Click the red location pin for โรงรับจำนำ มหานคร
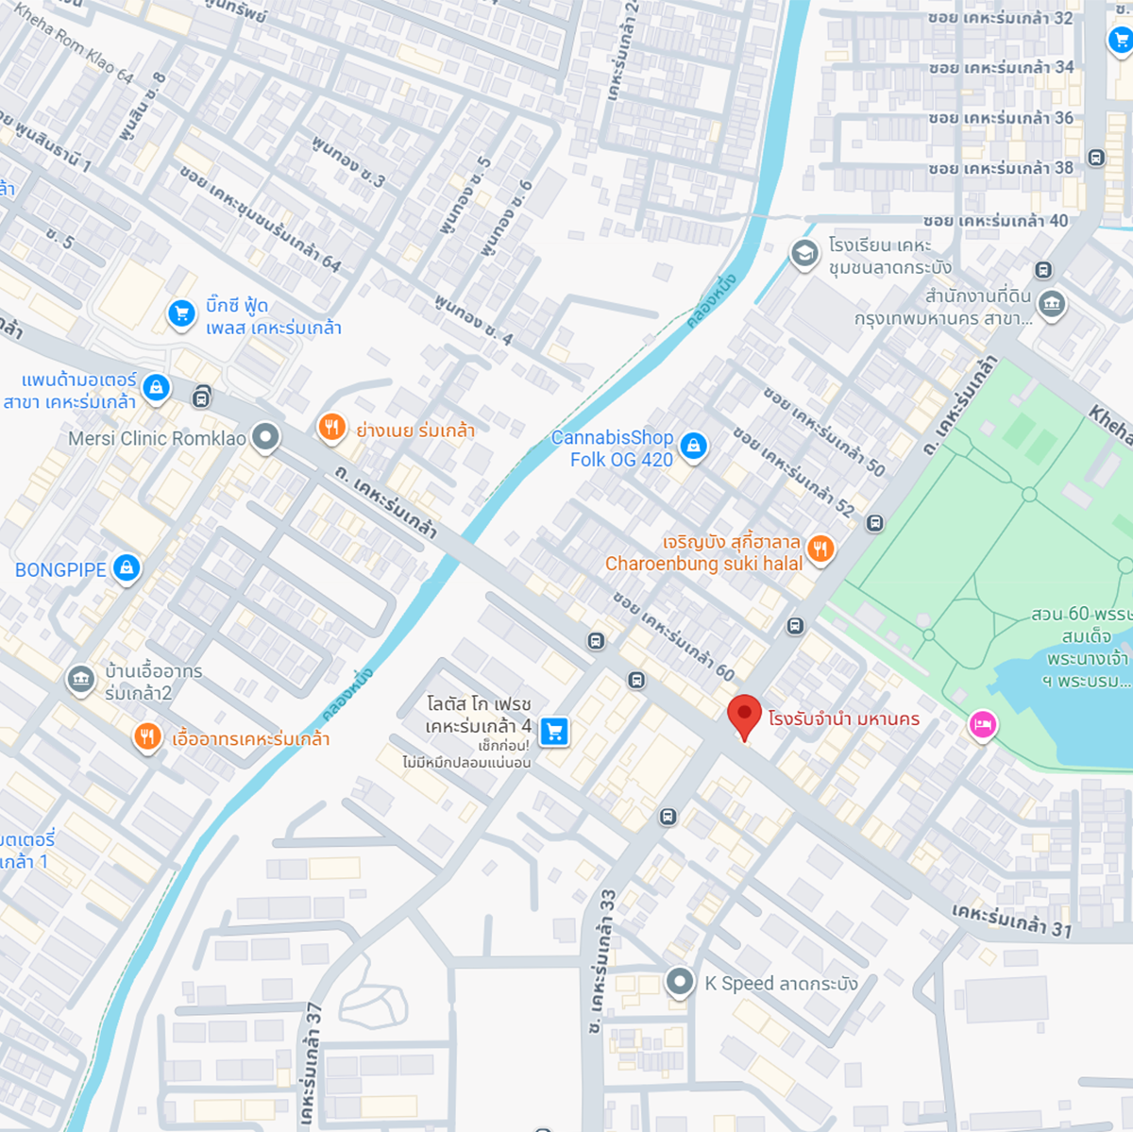click(x=745, y=716)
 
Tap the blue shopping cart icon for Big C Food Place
click(x=181, y=314)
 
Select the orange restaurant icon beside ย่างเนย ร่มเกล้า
click(x=330, y=428)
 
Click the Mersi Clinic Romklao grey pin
click(x=266, y=436)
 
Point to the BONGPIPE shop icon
click(x=127, y=567)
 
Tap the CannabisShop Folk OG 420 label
click(x=613, y=448)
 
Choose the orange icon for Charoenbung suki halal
click(x=820, y=549)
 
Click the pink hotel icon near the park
click(x=982, y=725)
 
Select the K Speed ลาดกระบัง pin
click(x=679, y=982)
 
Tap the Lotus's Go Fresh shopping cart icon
click(x=554, y=731)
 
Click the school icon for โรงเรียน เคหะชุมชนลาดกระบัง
click(x=804, y=254)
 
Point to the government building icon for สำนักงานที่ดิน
click(x=1051, y=304)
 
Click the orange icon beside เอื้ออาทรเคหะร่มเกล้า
click(x=146, y=736)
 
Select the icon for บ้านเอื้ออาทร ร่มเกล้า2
click(x=80, y=679)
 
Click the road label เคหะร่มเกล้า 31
click(x=1011, y=921)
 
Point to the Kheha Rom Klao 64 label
click(x=74, y=42)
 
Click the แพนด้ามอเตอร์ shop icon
click(x=156, y=386)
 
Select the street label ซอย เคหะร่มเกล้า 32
click(x=1000, y=18)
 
